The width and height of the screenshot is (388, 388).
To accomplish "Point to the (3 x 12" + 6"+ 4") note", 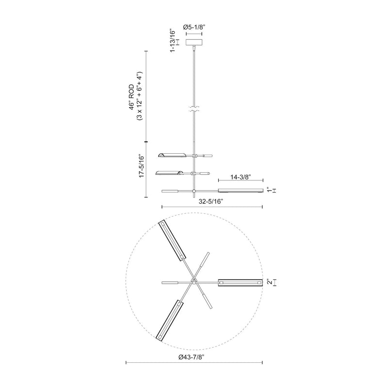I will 140,98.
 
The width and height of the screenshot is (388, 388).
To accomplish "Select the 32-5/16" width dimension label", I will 211,199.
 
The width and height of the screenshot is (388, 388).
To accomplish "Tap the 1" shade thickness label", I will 270,191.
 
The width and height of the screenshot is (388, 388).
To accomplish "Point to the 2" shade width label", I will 270,282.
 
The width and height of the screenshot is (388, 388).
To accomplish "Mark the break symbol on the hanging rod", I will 194,109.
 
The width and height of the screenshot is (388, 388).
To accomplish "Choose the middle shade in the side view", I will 169,172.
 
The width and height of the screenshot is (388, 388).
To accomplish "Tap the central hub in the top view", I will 194,282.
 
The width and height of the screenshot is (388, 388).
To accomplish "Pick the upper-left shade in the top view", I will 174,240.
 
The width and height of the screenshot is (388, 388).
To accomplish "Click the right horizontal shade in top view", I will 240,282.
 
